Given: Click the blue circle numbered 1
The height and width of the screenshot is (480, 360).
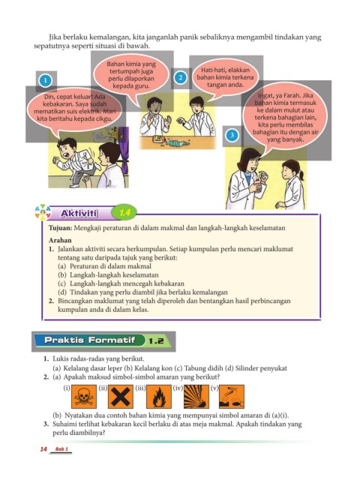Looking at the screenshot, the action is coord(45,80).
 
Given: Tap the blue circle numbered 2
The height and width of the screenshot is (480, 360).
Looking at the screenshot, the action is coord(181,77).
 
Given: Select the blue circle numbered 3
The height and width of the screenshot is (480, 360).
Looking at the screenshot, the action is coord(232,135).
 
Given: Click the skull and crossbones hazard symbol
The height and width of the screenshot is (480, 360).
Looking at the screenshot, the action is coord(84,397).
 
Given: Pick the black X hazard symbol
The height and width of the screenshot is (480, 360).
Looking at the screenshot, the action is coord(121,397).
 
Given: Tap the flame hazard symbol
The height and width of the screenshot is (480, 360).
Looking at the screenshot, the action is coord(158,397).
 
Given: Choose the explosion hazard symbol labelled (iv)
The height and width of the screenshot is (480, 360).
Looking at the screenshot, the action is coord(196,397).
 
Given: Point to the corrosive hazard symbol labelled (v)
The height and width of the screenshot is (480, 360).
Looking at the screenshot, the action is coord(232,397).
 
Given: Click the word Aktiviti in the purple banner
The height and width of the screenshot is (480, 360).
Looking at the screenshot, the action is coord(79,213).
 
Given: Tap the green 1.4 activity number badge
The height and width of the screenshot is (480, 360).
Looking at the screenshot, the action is coord(124,212).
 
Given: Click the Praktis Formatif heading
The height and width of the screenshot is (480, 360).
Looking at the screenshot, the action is coord(90,340).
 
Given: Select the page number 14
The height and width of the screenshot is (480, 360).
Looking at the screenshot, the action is coord(43,449).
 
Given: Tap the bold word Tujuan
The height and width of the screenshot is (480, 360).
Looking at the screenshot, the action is coord(61,228).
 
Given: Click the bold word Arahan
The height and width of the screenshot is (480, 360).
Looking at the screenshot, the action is coord(60,240).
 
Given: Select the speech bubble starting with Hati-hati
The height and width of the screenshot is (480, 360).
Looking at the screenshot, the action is coord(225,78).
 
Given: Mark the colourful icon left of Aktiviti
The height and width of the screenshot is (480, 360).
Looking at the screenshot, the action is coord(43,212).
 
